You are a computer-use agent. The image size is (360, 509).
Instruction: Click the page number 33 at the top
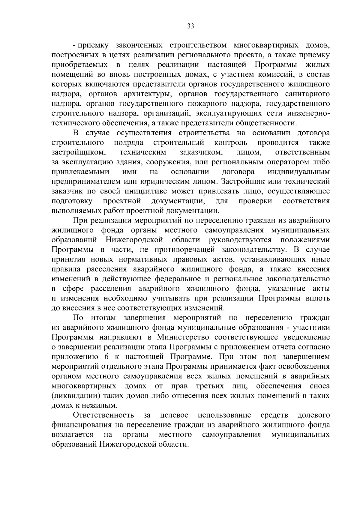click(190, 26)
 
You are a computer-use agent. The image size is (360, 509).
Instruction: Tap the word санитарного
click(305, 94)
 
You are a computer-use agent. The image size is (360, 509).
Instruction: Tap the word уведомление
click(306, 337)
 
